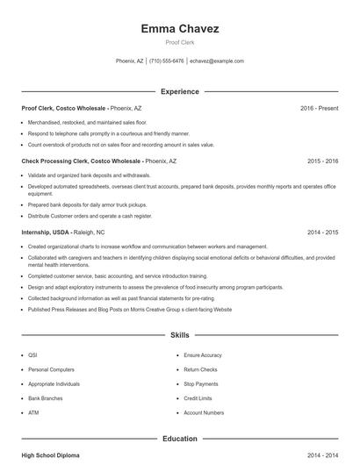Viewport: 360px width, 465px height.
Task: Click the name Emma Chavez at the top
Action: [180, 29]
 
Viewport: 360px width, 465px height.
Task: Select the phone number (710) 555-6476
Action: [167, 61]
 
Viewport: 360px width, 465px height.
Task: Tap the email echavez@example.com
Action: [217, 61]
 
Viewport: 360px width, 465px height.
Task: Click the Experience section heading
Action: [180, 91]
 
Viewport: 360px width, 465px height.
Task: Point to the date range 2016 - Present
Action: [319, 108]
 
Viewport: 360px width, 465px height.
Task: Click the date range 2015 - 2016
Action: [322, 161]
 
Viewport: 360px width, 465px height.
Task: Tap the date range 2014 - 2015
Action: [322, 232]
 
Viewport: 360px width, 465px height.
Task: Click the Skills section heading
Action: [180, 335]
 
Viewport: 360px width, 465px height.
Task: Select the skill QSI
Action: [32, 355]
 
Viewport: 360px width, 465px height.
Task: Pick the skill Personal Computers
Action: [51, 369]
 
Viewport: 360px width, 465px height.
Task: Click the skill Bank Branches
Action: [47, 398]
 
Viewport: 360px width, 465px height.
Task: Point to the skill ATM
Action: [33, 412]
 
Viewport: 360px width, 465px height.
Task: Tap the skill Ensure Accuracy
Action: [203, 355]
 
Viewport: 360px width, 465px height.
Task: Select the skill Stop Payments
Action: [201, 384]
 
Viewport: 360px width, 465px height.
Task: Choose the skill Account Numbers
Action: [204, 412]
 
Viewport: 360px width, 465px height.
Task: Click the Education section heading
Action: [180, 438]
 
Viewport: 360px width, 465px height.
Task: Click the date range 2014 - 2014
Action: [322, 455]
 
